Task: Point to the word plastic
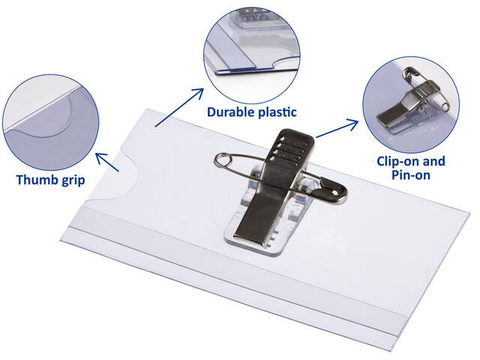click(277, 112)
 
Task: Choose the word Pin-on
click(411, 175)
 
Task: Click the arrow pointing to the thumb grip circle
click(107, 162)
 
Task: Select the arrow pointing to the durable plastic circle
click(179, 107)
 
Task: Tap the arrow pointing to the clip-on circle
click(337, 129)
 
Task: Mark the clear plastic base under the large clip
click(260, 214)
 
